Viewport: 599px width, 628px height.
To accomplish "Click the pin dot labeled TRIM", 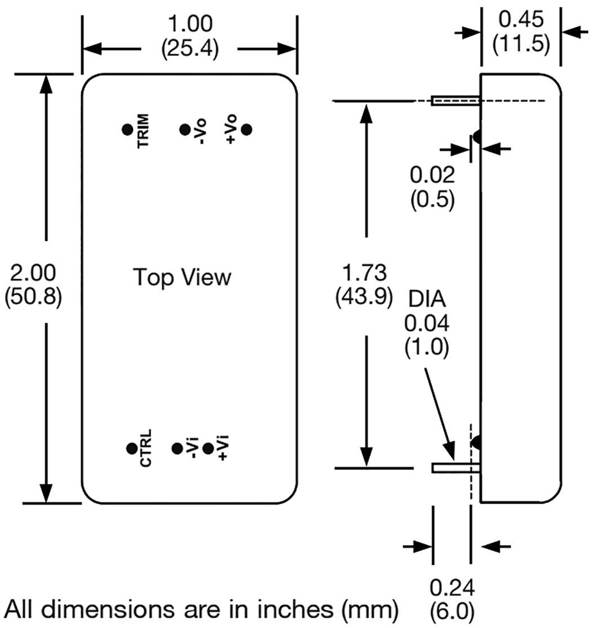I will (x=127, y=129).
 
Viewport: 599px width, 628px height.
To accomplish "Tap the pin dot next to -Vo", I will (x=184, y=129).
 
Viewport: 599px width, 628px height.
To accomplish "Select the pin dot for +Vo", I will (x=247, y=129).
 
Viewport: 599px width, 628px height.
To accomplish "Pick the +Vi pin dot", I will (x=208, y=449).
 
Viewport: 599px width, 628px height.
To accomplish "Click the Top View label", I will (x=183, y=277).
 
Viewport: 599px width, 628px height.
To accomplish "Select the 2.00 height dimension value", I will (x=32, y=272).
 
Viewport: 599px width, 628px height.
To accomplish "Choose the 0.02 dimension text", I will (x=432, y=176).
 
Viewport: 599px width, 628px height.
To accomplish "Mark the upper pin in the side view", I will (x=455, y=101).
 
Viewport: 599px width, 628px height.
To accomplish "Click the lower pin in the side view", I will (x=455, y=468).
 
